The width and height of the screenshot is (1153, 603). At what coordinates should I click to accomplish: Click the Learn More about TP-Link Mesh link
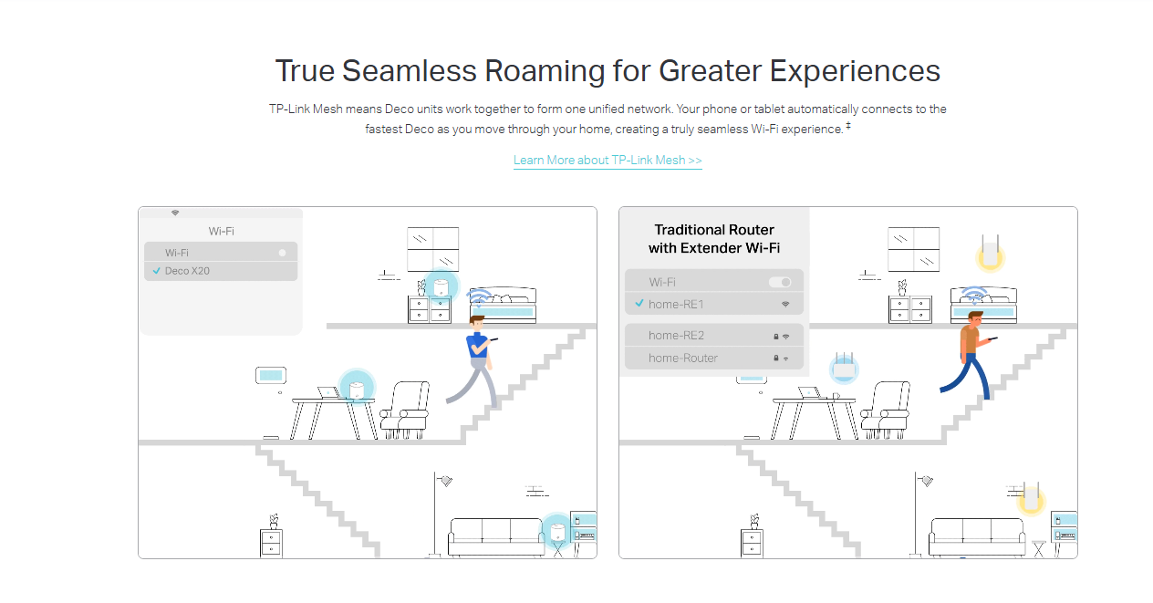(x=608, y=161)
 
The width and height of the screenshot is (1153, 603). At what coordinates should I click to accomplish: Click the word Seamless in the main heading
(x=410, y=70)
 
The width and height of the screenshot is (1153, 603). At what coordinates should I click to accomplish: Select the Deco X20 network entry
(x=221, y=271)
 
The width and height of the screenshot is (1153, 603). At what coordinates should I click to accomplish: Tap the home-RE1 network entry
(x=714, y=304)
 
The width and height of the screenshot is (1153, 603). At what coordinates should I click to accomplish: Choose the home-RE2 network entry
(x=714, y=335)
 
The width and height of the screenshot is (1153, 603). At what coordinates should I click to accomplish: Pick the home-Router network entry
(x=714, y=358)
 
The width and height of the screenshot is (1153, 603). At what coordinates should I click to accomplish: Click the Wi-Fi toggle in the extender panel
(x=780, y=282)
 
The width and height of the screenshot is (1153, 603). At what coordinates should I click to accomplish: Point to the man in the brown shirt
(x=968, y=355)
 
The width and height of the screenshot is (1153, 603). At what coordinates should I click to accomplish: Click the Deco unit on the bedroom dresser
(x=441, y=287)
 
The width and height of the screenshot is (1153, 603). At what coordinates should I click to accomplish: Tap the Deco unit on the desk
(x=356, y=390)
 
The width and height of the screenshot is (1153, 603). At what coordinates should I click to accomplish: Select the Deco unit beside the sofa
(x=557, y=532)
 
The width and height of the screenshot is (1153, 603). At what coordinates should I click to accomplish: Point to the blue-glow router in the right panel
(x=844, y=368)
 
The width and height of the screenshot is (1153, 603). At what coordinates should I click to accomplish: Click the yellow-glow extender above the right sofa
(x=1031, y=498)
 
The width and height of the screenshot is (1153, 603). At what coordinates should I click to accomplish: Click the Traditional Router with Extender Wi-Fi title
(x=714, y=239)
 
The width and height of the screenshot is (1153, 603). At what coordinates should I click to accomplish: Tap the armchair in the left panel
(x=405, y=410)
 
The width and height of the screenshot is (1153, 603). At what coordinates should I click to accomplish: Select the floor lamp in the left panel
(x=439, y=514)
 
